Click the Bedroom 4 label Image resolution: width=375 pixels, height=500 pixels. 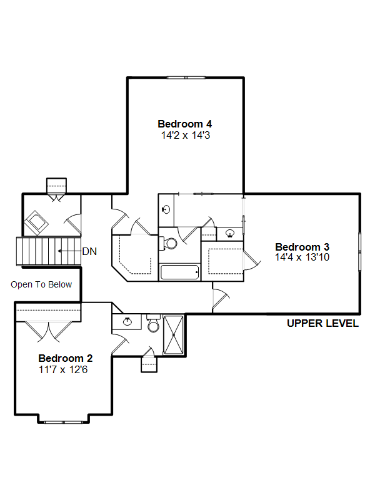(184, 124)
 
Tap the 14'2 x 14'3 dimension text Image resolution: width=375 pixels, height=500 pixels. (186, 135)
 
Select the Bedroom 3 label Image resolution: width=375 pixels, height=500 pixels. (302, 247)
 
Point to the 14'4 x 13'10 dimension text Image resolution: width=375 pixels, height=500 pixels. (302, 257)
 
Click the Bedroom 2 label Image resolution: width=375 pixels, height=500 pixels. (66, 358)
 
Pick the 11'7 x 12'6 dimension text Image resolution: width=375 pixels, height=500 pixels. (63, 369)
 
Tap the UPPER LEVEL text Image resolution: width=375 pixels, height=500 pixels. (322, 323)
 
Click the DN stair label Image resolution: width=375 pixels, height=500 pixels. (89, 251)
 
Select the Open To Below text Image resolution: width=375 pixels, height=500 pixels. (41, 284)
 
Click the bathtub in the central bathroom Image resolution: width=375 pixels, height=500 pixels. (180, 272)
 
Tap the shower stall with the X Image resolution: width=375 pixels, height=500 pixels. (173, 335)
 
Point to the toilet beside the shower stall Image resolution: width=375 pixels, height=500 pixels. (153, 323)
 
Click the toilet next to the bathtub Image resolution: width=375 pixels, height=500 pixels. (168, 243)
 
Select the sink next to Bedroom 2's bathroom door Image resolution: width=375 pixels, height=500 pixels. (127, 321)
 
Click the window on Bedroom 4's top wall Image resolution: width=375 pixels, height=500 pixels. (186, 77)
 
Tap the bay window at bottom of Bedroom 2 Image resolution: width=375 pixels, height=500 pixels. (64, 422)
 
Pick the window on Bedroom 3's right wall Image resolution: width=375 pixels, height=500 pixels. (360, 252)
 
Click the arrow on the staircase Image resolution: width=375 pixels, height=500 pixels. (69, 251)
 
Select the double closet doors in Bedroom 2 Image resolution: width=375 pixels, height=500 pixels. (49, 332)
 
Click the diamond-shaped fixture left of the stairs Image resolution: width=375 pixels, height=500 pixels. (36, 223)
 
